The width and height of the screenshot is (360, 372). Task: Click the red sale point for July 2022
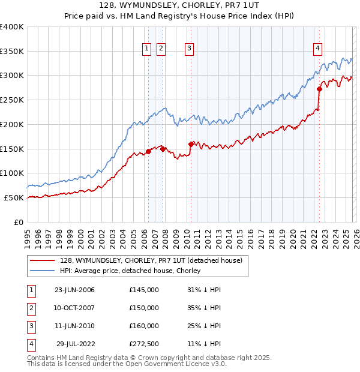(x=319, y=89)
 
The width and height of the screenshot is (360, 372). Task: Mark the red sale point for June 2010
(x=191, y=144)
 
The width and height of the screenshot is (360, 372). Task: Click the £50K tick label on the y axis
(x=14, y=197)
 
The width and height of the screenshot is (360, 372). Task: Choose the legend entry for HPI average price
(x=130, y=271)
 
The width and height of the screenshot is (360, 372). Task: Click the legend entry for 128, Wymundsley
(x=151, y=260)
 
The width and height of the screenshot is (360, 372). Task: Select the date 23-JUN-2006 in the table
(x=74, y=290)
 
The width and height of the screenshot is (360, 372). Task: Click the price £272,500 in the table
(x=144, y=344)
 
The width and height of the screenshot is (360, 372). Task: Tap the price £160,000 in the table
(x=144, y=326)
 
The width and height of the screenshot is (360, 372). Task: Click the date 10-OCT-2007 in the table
(x=74, y=308)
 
